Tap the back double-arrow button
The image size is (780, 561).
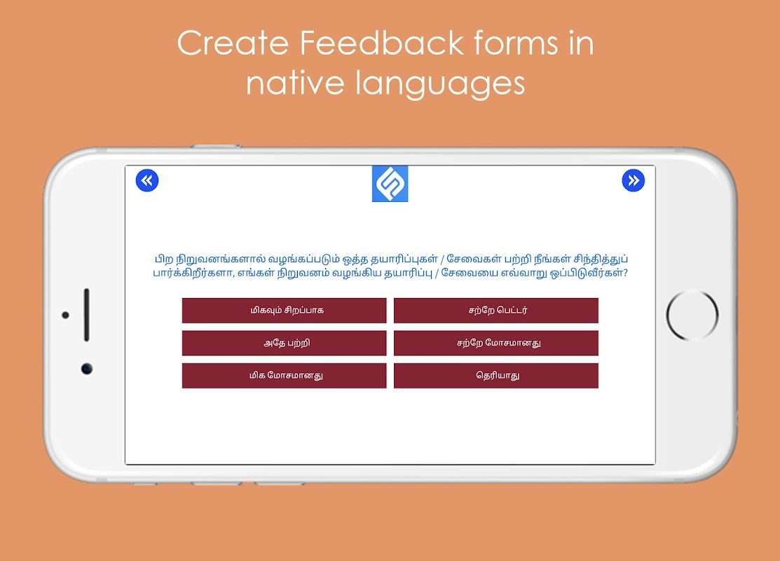147,180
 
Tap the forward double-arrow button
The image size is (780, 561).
634,180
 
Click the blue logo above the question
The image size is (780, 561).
390,184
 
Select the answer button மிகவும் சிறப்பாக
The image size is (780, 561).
284,311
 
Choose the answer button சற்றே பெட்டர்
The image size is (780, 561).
496,311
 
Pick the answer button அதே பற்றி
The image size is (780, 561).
284,343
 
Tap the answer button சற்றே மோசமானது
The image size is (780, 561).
496,343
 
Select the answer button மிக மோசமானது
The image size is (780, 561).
284,375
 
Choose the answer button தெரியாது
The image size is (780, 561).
496,375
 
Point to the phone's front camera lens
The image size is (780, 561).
87,369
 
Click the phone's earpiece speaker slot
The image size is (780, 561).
87,315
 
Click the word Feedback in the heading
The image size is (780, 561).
381,43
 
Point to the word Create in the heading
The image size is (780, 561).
233,43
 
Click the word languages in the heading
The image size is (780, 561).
440,83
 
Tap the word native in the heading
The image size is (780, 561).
295,83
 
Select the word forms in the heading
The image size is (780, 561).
516,43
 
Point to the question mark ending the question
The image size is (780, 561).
625,273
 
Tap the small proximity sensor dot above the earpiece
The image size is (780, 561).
65,315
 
